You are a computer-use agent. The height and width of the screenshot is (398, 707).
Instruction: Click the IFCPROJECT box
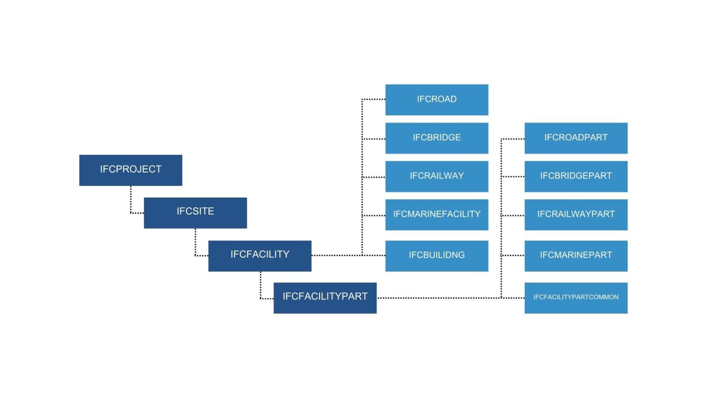coord(131,170)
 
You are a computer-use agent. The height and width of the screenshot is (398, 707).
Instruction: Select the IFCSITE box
coord(195,212)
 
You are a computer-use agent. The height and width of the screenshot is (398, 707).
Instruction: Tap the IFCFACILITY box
coord(260,256)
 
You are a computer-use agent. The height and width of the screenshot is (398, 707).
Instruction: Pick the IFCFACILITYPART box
coord(325,298)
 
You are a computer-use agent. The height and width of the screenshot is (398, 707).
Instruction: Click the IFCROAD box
coord(436,99)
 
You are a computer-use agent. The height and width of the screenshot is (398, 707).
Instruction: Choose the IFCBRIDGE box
coord(436,138)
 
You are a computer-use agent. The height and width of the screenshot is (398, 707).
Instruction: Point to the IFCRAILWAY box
coord(436,176)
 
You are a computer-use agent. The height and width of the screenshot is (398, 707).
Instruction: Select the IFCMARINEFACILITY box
coord(436,214)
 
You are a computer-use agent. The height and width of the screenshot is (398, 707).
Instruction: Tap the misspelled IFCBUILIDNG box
coord(436,256)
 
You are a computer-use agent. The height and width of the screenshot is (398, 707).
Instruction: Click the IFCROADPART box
coord(576,138)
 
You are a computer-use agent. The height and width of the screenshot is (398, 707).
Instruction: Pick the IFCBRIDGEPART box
coord(576,176)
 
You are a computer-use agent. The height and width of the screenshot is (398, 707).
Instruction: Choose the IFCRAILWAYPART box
coord(576,214)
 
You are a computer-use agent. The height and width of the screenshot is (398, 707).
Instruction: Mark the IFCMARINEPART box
coord(576,256)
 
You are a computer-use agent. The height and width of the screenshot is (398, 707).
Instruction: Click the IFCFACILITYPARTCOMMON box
coord(576,298)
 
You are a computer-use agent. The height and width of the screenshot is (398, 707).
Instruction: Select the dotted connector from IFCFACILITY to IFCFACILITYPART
coord(261,286)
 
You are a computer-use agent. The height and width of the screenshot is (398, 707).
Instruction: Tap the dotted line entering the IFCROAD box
coord(374,99)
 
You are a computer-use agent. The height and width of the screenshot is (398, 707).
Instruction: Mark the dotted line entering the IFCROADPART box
coord(513,138)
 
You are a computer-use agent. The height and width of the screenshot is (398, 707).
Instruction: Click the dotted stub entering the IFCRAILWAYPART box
coord(513,215)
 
